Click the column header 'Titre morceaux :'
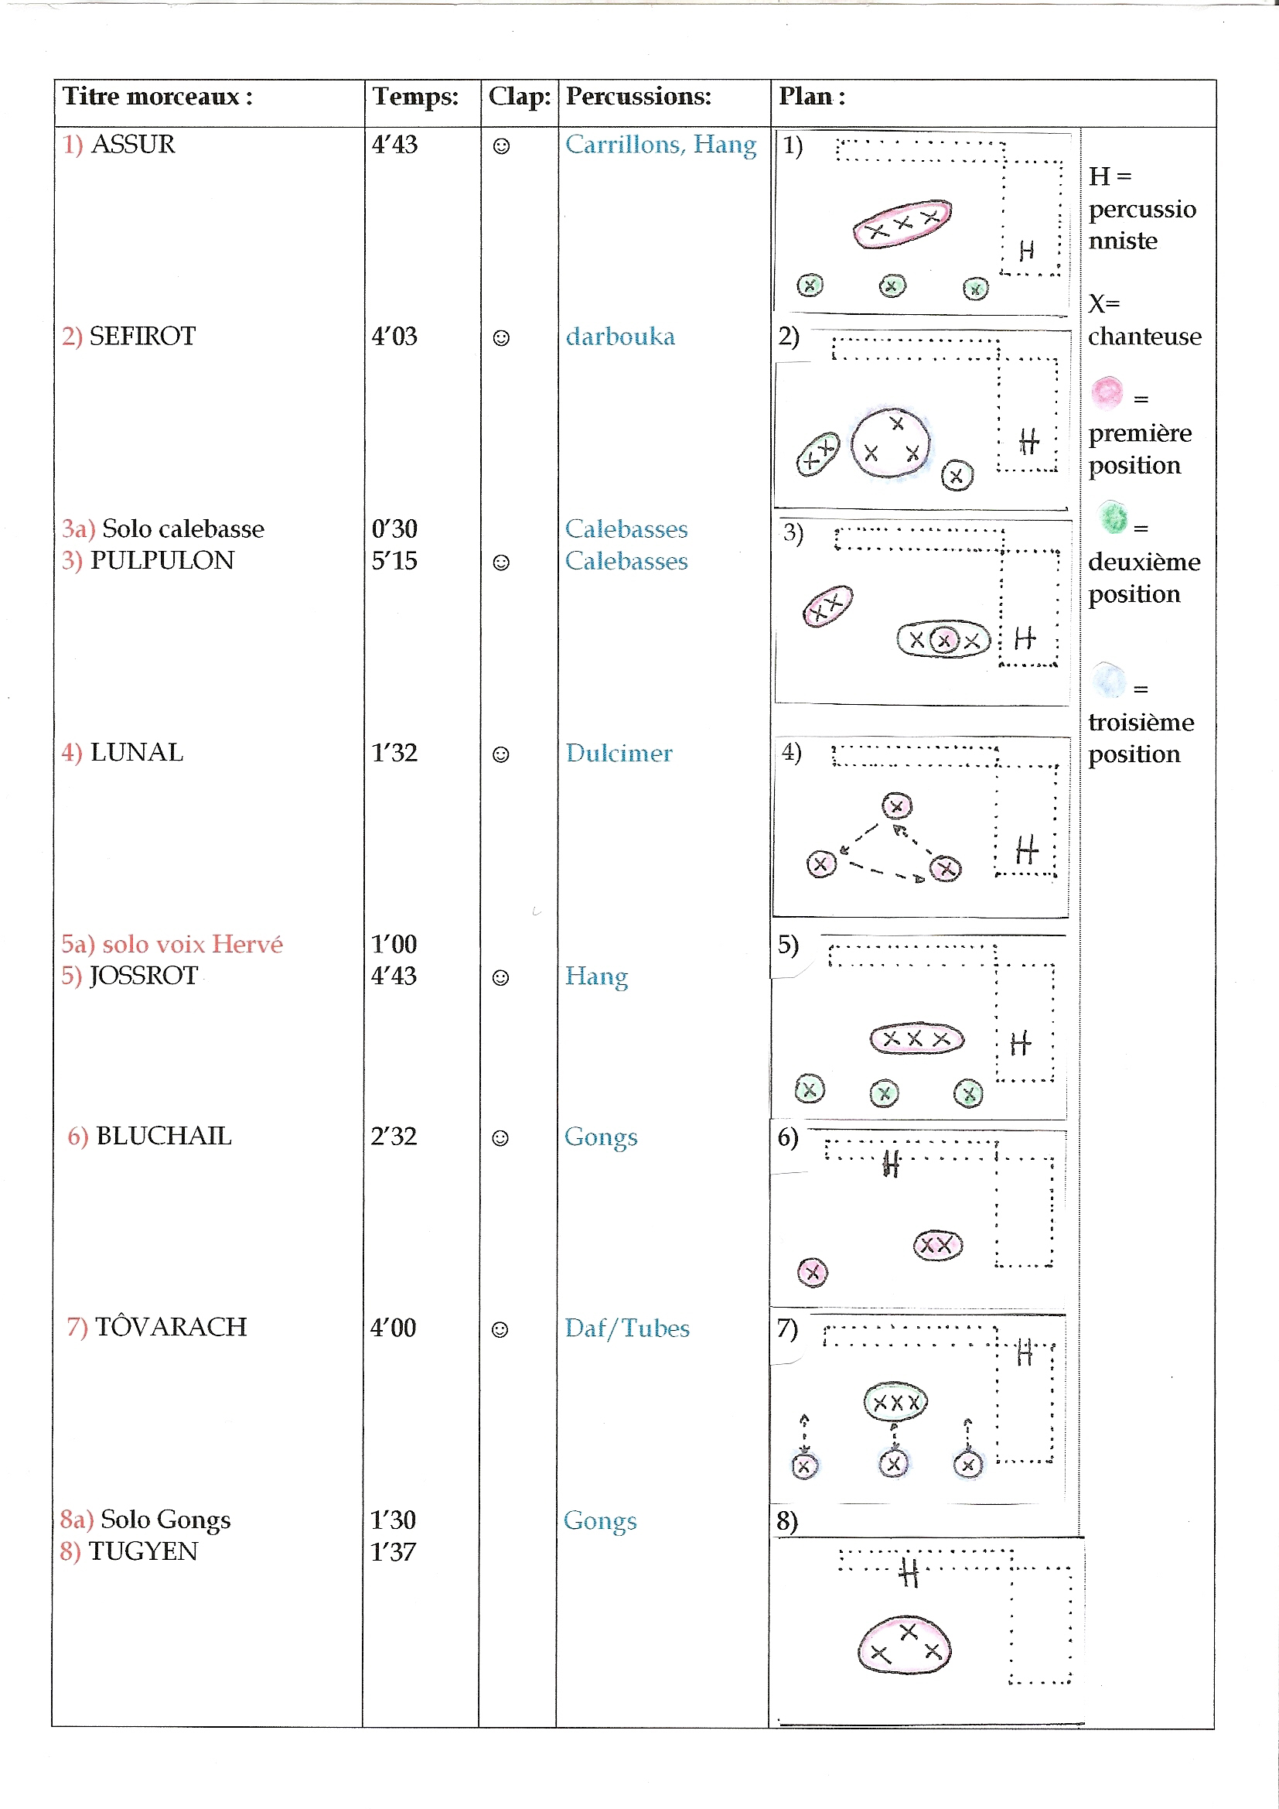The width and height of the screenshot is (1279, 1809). pyautogui.click(x=158, y=97)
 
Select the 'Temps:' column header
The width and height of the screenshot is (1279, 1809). pyautogui.click(x=415, y=97)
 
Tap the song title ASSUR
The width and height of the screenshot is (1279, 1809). pyautogui.click(x=133, y=144)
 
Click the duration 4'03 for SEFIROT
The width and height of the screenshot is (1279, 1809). pyautogui.click(x=394, y=337)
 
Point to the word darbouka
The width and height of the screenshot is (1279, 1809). pyautogui.click(x=621, y=337)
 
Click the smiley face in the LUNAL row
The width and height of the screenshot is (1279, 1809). pyautogui.click(x=501, y=755)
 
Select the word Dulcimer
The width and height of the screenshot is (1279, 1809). pyautogui.click(x=619, y=753)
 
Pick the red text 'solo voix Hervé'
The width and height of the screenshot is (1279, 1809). pyautogui.click(x=193, y=944)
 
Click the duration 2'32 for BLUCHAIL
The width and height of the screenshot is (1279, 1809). pyautogui.click(x=394, y=1136)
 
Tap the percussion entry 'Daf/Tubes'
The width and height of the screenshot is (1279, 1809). pyautogui.click(x=627, y=1329)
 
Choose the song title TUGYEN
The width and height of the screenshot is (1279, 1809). pyautogui.click(x=142, y=1551)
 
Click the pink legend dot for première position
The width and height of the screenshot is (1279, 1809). pyautogui.click(x=1107, y=392)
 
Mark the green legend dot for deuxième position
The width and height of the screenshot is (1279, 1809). pyautogui.click(x=1113, y=518)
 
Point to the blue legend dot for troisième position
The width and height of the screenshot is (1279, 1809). pyautogui.click(x=1110, y=680)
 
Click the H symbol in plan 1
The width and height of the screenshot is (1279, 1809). pyautogui.click(x=1026, y=251)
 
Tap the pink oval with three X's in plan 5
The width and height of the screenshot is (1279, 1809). pyautogui.click(x=917, y=1039)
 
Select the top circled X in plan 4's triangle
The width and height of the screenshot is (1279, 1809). pyautogui.click(x=897, y=806)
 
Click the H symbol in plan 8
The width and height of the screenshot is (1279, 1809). pyautogui.click(x=909, y=1574)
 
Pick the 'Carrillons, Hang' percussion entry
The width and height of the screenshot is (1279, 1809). pyautogui.click(x=660, y=145)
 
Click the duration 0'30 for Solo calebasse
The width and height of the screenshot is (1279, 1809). pyautogui.click(x=394, y=528)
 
